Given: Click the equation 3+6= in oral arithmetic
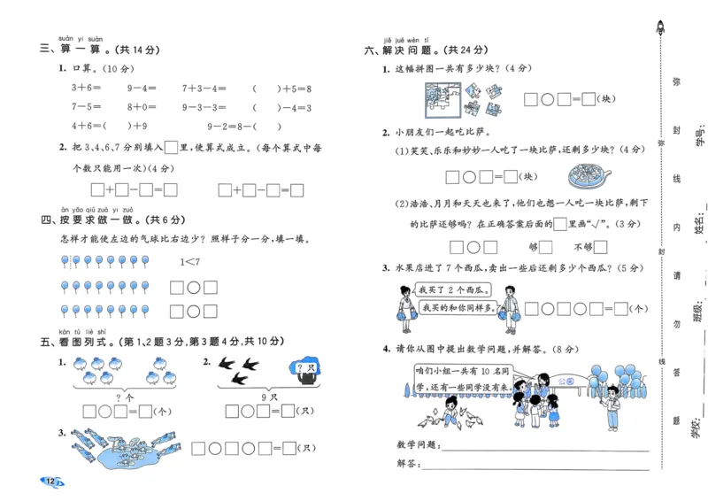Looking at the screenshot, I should pos(87,89).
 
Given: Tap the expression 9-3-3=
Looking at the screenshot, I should pos(204,108).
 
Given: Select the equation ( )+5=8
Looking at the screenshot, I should pos(281,89).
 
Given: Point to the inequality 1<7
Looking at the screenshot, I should pos(190,262).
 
